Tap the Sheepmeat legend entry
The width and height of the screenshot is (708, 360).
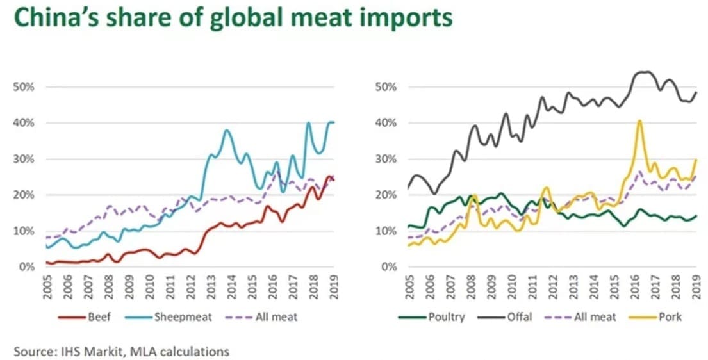pyautogui.click(x=176, y=316)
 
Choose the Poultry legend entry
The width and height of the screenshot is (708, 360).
pyautogui.click(x=432, y=316)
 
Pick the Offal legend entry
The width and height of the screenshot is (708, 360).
pyautogui.click(x=506, y=316)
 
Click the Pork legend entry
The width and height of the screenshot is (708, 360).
pyautogui.click(x=655, y=316)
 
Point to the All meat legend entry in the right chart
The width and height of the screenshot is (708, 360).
pyautogui.click(x=580, y=316)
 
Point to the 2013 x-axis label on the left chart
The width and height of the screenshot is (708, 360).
pyautogui.click(x=211, y=286)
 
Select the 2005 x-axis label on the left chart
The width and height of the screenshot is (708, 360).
pyautogui.click(x=47, y=286)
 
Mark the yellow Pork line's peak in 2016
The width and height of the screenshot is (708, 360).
pyautogui.click(x=639, y=120)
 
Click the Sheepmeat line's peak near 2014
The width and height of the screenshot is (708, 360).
pyautogui.click(x=227, y=131)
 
